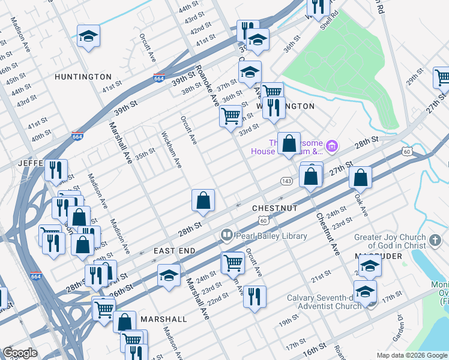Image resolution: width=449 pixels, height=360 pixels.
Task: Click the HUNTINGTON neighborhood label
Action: [83, 77]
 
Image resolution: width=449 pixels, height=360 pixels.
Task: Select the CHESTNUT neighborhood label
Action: [275, 208]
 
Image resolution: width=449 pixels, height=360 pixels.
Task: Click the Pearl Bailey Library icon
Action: [226, 236]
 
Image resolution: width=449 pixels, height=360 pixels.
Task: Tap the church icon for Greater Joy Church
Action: [435, 241]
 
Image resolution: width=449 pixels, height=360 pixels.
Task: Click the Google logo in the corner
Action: [20, 353]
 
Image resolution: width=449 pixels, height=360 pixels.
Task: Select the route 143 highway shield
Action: [286, 181]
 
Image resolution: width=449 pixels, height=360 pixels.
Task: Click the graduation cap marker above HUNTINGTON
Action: [88, 37]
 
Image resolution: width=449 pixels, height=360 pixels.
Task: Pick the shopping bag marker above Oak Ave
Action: [360, 177]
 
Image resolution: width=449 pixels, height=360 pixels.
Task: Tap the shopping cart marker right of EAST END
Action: [233, 262]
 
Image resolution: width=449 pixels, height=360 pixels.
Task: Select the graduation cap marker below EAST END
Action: [169, 276]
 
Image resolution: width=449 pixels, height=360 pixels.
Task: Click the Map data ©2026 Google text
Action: [412, 355]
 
